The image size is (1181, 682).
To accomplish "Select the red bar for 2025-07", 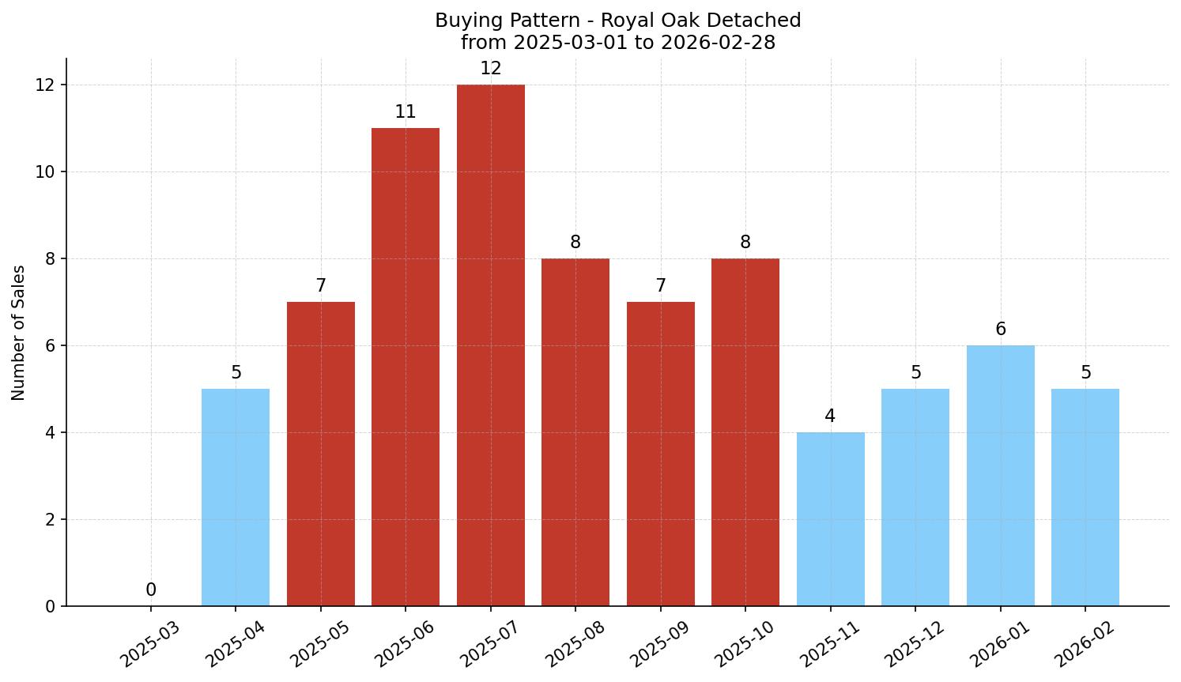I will [490, 345].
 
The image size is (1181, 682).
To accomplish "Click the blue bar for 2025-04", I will [236, 497].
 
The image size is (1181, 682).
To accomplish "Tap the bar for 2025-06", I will [406, 367].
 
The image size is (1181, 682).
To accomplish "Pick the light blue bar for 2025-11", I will [830, 519].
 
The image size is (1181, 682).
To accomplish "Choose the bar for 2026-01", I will [1000, 476].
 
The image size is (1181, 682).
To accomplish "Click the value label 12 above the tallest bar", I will [490, 69].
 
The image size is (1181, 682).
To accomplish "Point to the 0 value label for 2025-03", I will [151, 590].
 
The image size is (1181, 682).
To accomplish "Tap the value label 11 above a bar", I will [406, 112].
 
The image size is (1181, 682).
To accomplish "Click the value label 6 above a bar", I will [1000, 330].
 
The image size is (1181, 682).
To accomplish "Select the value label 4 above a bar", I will [830, 416].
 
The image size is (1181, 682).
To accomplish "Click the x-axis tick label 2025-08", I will [575, 644].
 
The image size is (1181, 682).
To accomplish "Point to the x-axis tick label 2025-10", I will [745, 644].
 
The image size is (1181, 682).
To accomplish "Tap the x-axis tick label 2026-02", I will [1085, 644].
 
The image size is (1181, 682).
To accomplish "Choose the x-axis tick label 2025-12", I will [915, 644].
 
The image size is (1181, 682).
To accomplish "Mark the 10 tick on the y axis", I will [45, 171].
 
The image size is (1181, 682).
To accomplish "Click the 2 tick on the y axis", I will [50, 519].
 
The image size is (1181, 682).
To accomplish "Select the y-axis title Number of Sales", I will [19, 333].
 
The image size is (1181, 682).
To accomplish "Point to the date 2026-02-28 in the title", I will [718, 43].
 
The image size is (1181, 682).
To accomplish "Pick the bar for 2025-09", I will [660, 454].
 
